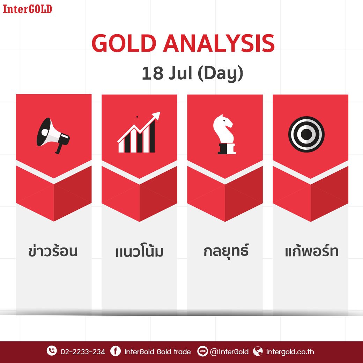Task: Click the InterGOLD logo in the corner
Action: [x=27, y=9]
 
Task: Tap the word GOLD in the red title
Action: [x=124, y=43]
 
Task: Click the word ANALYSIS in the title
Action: [x=219, y=43]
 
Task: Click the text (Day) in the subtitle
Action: [x=220, y=73]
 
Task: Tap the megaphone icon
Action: [x=53, y=135]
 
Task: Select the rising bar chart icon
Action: [x=139, y=132]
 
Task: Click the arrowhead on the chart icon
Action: [x=156, y=115]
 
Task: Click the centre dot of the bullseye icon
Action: [x=306, y=134]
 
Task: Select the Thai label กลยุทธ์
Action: [x=226, y=251]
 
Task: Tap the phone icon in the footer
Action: [x=52, y=351]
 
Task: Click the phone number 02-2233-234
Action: [x=83, y=352]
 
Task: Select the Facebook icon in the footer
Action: [x=116, y=351]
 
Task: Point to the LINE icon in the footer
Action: [x=202, y=351]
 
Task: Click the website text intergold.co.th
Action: [x=290, y=352]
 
